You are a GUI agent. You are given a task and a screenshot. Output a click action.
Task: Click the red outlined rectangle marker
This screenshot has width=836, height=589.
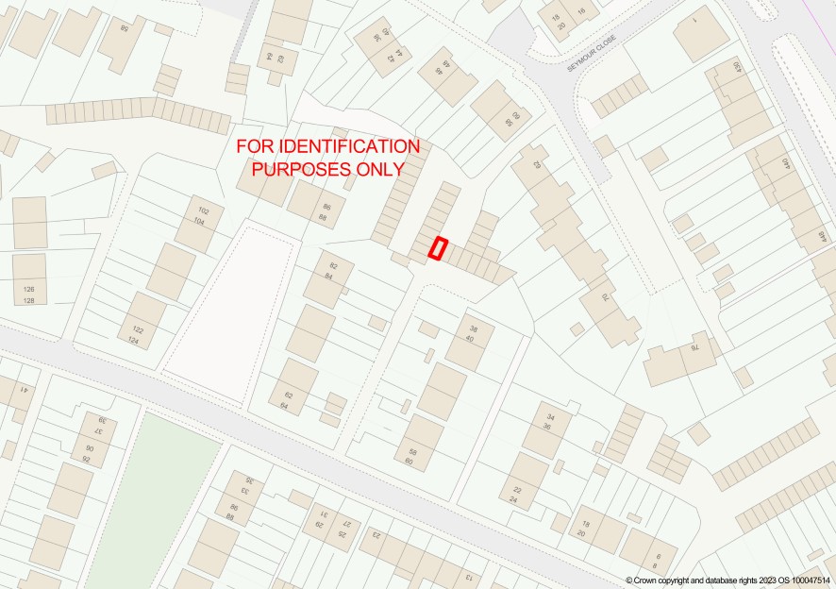click(x=438, y=248)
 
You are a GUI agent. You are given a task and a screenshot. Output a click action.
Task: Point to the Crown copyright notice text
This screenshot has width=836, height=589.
click(x=729, y=581)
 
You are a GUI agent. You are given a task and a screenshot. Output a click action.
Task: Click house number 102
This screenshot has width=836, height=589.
click(x=202, y=210)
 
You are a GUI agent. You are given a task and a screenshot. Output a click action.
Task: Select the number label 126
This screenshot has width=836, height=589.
click(x=28, y=289)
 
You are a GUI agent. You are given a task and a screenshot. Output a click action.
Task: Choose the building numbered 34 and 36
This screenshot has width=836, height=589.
click(x=545, y=421)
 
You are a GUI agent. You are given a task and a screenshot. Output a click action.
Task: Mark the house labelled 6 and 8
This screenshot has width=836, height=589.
click(x=657, y=560)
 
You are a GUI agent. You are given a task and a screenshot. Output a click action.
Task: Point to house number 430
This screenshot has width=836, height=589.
click(x=738, y=70)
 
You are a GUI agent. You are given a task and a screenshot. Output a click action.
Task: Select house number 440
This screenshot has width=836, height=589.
click(x=785, y=164)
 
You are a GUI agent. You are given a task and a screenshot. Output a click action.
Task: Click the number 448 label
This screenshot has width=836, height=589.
click(x=821, y=241)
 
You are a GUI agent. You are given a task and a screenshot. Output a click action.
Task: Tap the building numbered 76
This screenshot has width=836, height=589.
click(x=695, y=347)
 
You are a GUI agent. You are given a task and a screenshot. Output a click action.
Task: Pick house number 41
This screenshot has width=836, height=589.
click(x=23, y=390)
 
